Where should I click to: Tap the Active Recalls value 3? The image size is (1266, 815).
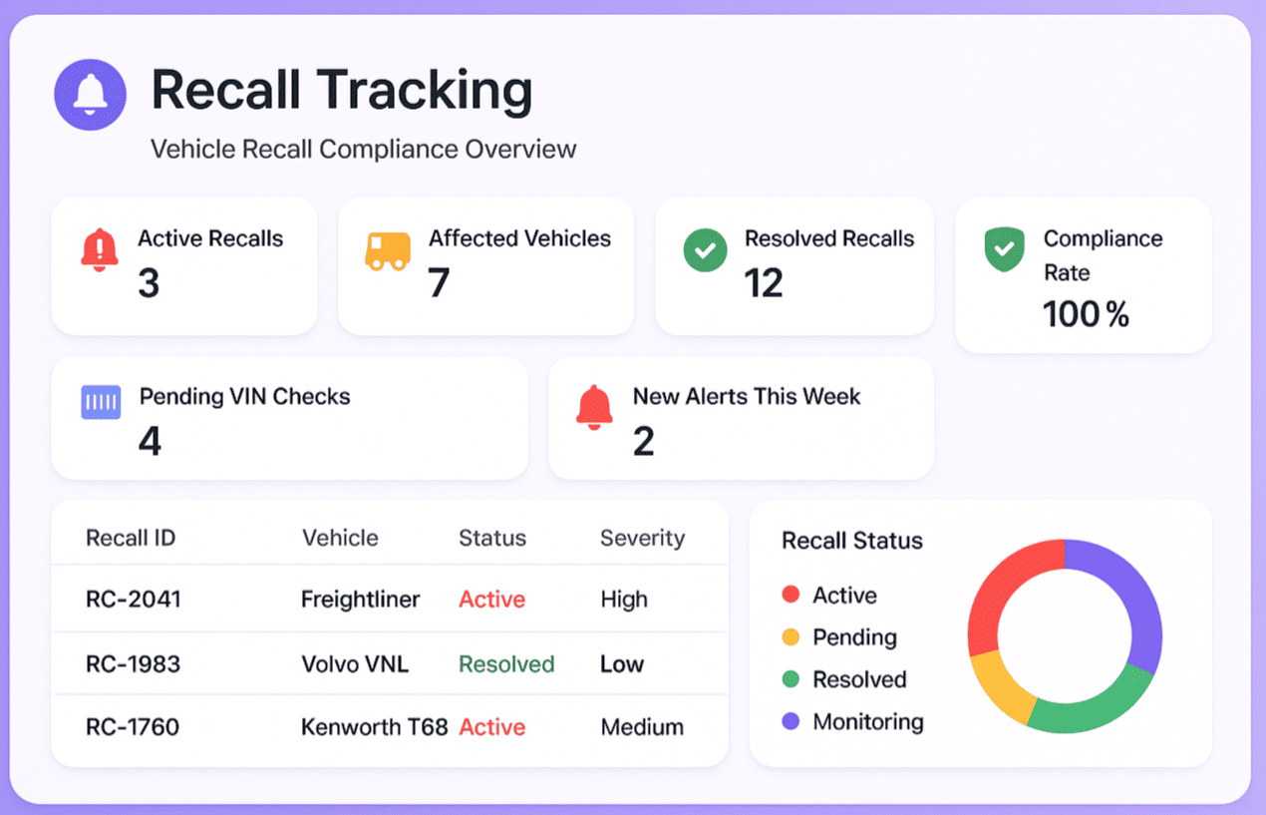click(x=149, y=284)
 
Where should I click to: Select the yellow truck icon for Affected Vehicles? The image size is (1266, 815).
click(x=387, y=251)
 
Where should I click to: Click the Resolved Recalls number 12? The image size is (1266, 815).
click(x=764, y=284)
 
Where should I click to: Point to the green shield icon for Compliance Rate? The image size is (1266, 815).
click(x=1004, y=249)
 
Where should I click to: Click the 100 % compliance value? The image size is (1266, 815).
click(x=1086, y=315)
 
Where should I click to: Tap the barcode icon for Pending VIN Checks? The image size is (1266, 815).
click(x=101, y=402)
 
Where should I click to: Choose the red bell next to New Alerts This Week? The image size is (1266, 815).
click(x=595, y=406)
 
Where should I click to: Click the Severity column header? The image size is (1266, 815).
click(x=642, y=539)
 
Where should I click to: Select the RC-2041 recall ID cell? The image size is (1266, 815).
click(x=133, y=600)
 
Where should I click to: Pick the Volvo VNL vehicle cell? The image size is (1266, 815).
click(x=355, y=664)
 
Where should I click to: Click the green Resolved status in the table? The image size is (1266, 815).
click(x=506, y=664)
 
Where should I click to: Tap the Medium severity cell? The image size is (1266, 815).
click(x=642, y=727)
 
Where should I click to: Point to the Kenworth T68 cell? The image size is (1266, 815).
click(x=374, y=727)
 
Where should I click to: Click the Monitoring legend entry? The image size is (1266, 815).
click(x=867, y=721)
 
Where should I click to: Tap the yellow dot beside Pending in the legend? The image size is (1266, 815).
click(x=791, y=637)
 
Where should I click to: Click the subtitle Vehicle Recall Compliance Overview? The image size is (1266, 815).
click(x=363, y=150)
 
